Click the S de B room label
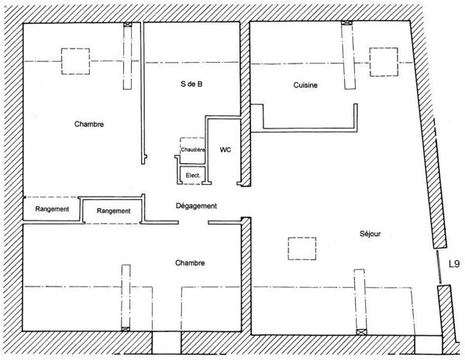click(191, 84)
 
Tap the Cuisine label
click(305, 85)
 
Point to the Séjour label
click(370, 234)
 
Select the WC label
click(226, 149)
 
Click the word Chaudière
click(193, 149)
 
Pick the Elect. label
click(193, 176)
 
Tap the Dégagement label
click(196, 206)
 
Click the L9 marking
click(454, 264)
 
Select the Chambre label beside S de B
click(89, 124)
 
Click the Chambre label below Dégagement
click(190, 262)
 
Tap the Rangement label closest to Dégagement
click(114, 211)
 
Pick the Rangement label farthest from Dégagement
click(52, 209)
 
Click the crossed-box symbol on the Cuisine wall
click(346, 22)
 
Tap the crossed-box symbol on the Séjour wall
click(361, 332)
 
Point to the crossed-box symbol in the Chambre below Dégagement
click(126, 328)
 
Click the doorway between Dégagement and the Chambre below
click(193, 222)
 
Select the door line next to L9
click(439, 267)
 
